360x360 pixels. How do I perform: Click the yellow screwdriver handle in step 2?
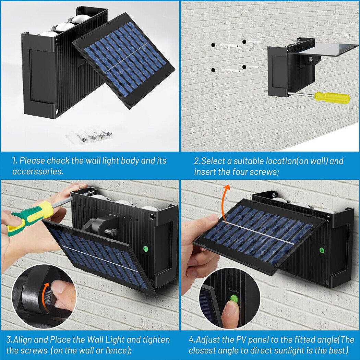[x=332, y=98]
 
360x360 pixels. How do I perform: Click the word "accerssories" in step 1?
[x=37, y=172]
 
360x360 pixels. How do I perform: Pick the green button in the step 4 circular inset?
[x=234, y=299]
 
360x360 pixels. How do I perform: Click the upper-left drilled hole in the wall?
[x=213, y=45]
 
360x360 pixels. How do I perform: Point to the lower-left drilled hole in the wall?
[x=213, y=70]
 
